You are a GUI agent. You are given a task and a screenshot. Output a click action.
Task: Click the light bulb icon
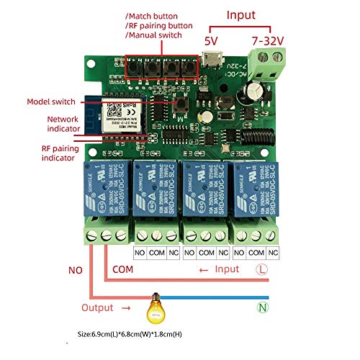(x=153, y=308)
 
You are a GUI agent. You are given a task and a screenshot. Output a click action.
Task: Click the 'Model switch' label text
(x=52, y=102)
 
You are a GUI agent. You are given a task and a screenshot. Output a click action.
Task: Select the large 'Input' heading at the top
(x=240, y=14)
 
